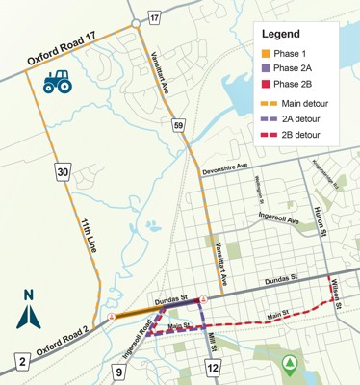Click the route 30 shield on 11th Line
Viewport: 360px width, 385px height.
[63, 172]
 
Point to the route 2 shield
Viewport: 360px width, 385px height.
[20, 362]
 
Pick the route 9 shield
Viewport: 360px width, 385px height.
[120, 372]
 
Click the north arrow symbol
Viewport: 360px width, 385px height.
[29, 309]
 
